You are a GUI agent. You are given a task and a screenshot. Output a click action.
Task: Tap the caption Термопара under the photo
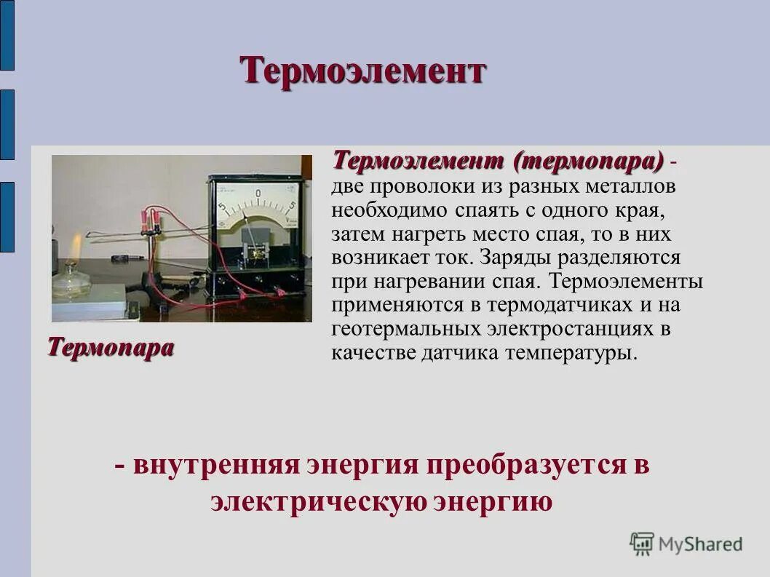(x=111, y=347)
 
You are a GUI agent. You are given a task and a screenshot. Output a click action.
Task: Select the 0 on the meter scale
(x=258, y=193)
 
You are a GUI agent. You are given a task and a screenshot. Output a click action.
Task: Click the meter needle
(x=250, y=226)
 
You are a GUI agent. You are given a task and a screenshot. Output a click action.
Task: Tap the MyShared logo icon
(x=642, y=543)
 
